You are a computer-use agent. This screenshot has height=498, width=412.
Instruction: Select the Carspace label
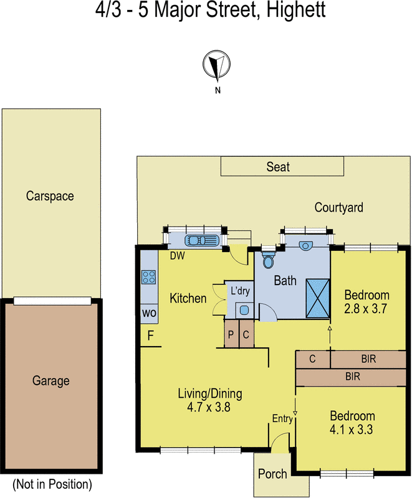click(50, 196)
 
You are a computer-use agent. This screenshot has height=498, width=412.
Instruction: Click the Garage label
click(50, 381)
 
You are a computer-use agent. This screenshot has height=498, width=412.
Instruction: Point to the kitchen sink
click(200, 240)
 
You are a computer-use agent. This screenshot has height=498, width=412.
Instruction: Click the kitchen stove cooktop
click(148, 276)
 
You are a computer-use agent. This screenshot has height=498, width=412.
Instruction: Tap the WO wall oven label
click(149, 312)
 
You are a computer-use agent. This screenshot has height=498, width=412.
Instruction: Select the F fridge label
click(150, 336)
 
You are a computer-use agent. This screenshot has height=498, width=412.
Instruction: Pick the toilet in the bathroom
click(269, 260)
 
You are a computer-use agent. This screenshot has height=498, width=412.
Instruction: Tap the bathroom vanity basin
click(306, 245)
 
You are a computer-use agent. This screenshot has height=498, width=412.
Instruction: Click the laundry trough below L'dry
click(242, 309)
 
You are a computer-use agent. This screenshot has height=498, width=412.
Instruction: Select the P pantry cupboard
click(231, 335)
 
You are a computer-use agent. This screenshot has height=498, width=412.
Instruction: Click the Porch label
click(272, 474)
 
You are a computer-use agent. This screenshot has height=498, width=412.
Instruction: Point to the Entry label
click(282, 419)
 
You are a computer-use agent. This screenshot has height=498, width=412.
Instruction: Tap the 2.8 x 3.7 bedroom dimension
click(368, 307)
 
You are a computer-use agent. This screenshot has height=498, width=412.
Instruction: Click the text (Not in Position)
click(52, 484)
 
